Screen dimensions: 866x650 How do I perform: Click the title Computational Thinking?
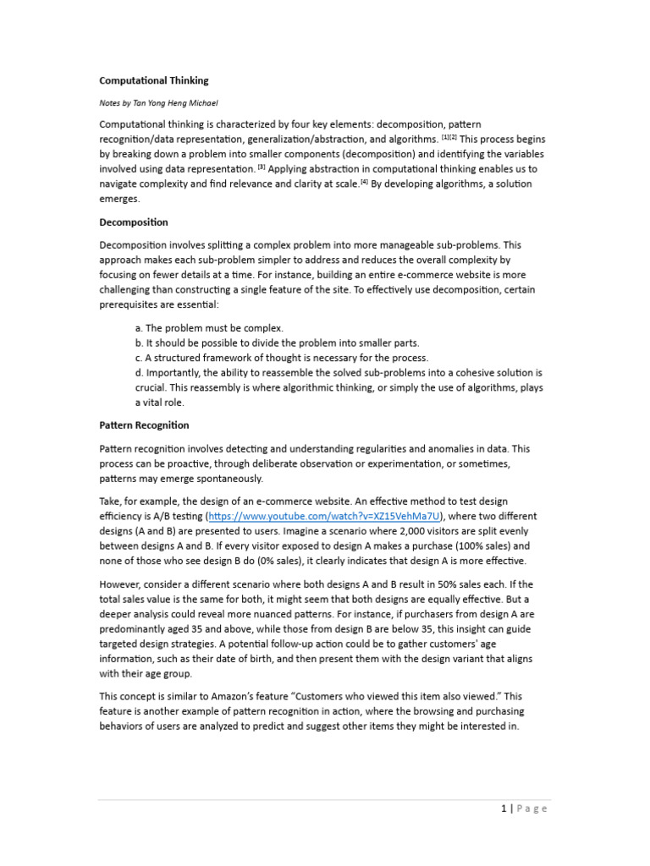click(153, 80)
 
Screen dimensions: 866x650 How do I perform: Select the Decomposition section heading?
click(134, 222)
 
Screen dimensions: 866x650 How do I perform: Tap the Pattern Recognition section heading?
click(144, 425)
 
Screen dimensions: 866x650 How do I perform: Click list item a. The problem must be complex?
click(209, 327)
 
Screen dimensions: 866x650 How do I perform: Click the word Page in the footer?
click(532, 808)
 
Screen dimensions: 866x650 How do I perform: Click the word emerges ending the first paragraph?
click(122, 200)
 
